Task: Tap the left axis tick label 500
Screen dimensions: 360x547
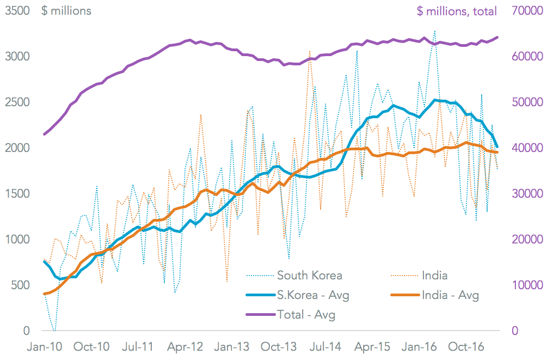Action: [20, 285]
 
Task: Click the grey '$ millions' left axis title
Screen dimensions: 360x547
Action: [66, 10]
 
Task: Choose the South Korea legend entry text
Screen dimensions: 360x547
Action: [310, 275]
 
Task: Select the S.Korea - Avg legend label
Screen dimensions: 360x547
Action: [313, 295]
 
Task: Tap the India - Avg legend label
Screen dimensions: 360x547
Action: [450, 295]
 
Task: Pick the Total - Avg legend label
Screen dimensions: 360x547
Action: [306, 314]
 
